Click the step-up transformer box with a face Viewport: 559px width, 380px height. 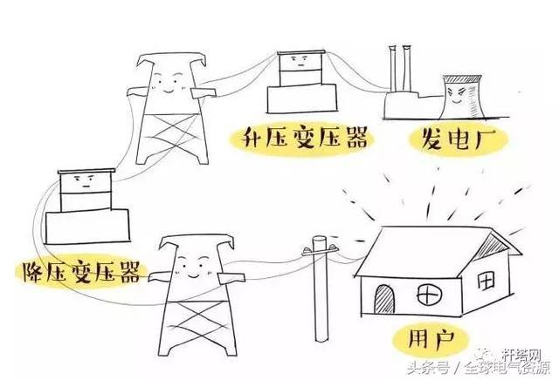pyautogui.click(x=298, y=64)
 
